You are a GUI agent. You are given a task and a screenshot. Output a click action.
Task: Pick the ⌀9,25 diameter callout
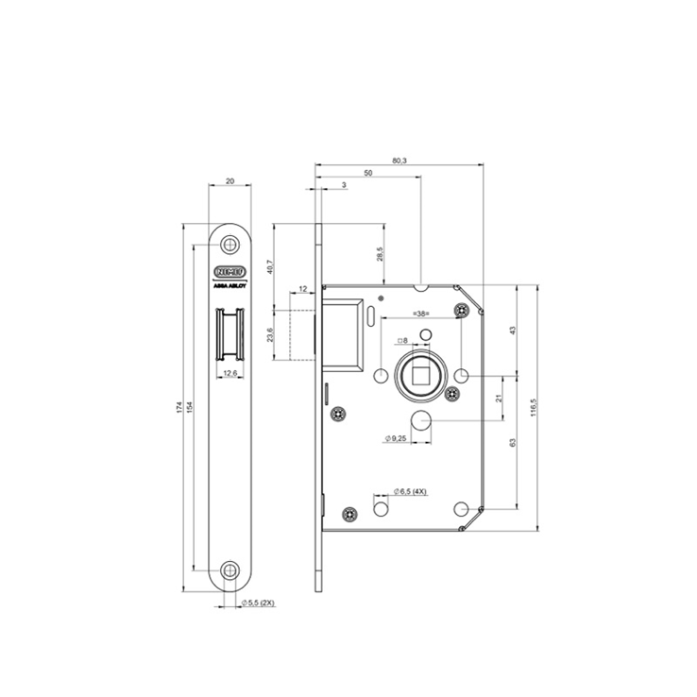[396, 438]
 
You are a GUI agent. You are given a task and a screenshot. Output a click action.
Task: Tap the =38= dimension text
[421, 313]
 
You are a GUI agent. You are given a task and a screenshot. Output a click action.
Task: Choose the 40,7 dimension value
[269, 267]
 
